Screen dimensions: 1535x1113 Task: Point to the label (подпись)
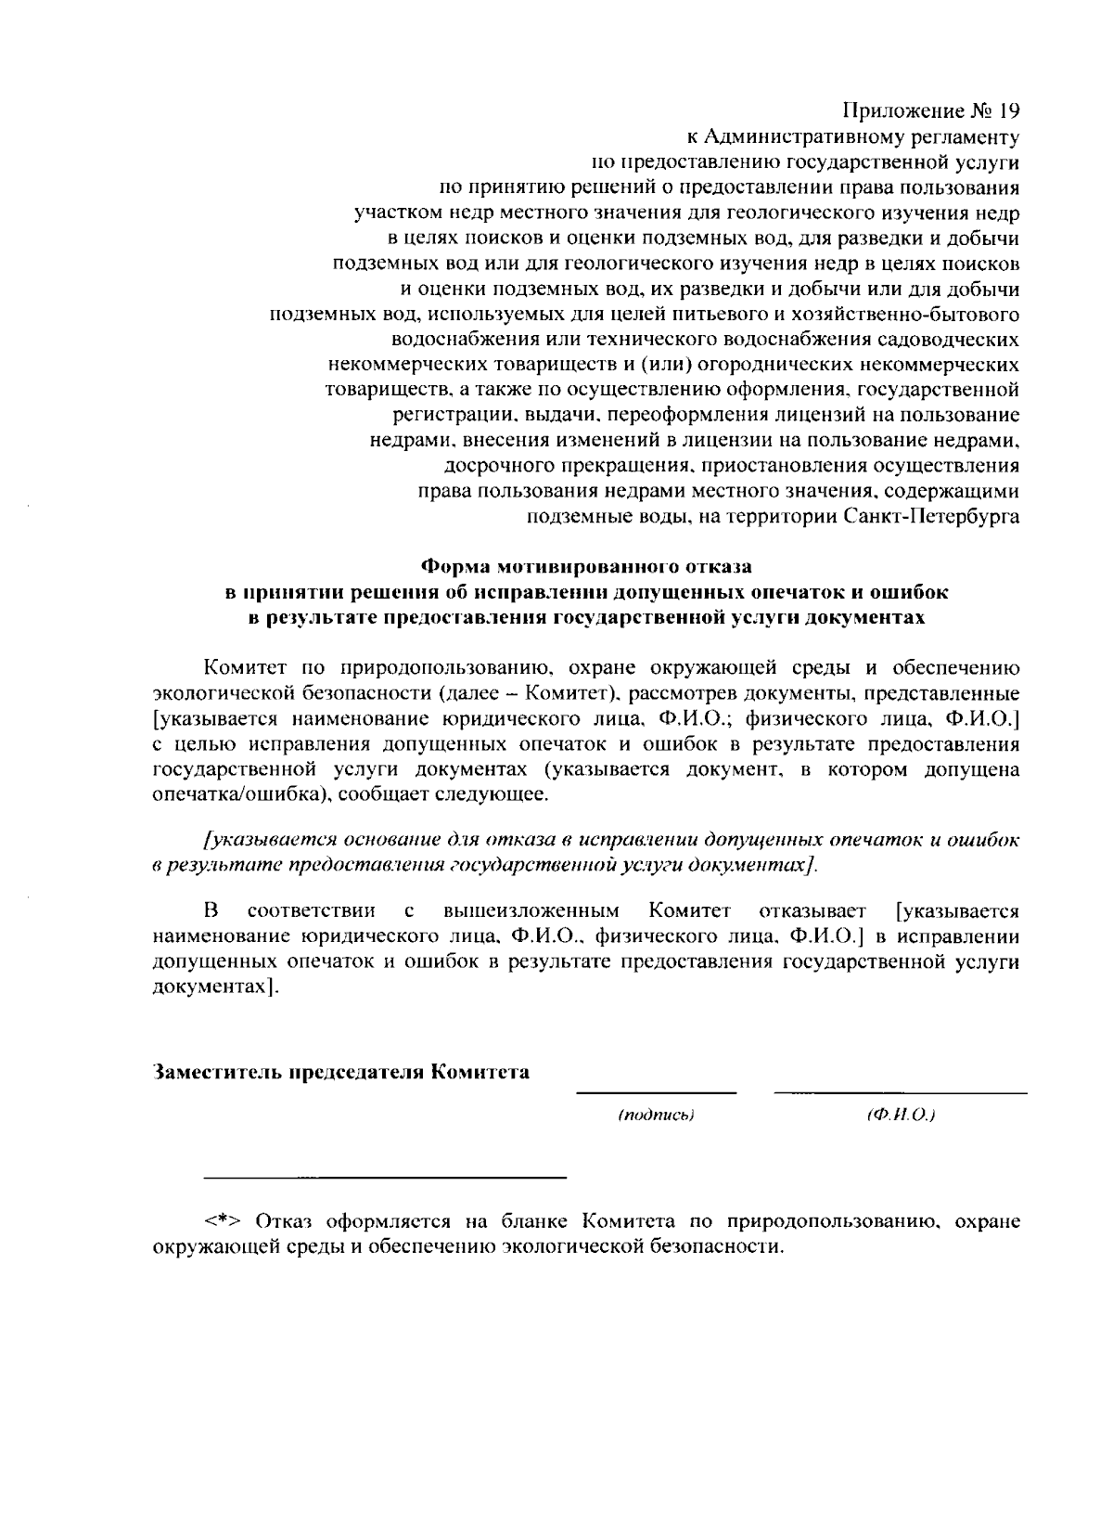point(656,1115)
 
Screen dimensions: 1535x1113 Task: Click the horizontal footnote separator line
point(384,1178)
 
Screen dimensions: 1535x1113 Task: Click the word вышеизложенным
point(531,909)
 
